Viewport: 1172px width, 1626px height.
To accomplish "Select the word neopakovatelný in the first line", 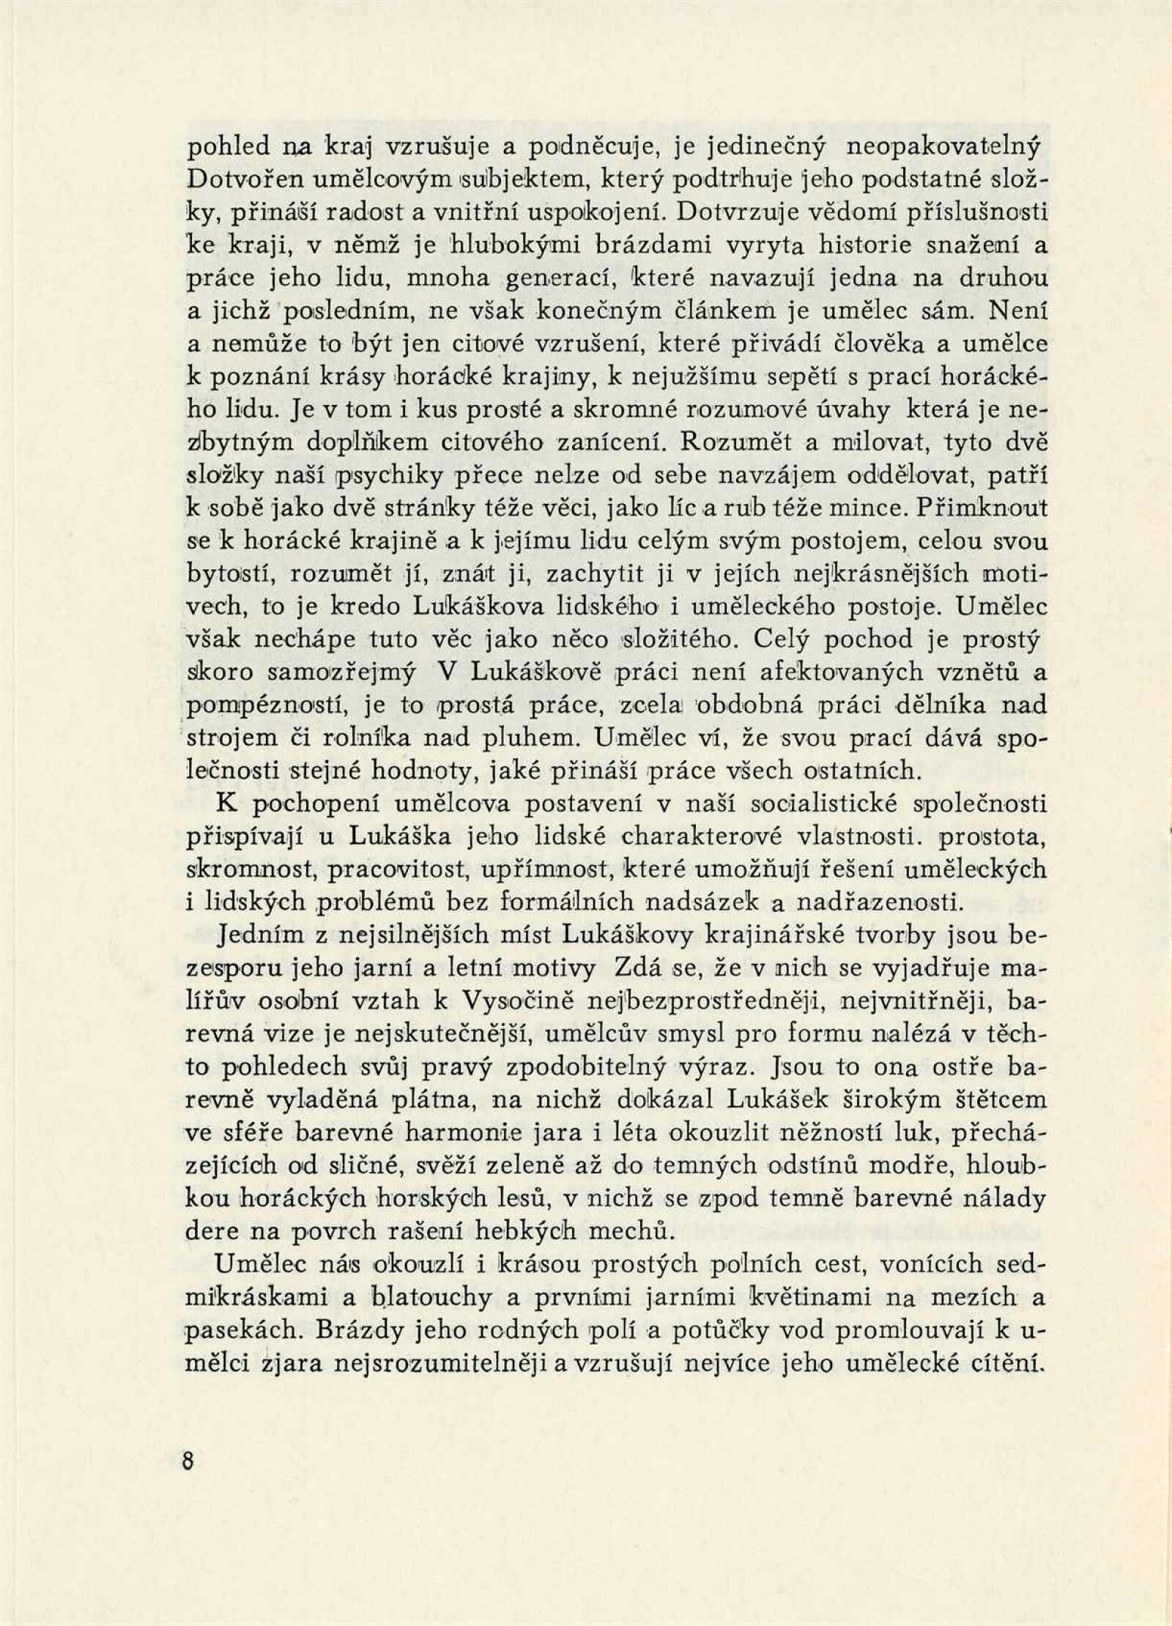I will coord(943,146).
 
